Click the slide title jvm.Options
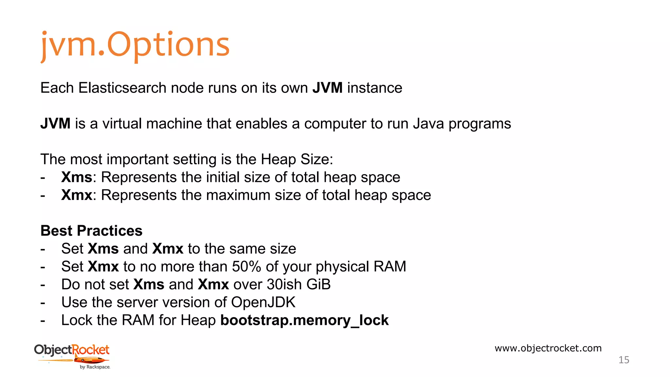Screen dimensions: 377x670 (135, 45)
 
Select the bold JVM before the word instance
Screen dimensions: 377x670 (327, 88)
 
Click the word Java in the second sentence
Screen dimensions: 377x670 (428, 124)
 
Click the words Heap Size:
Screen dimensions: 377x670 (297, 160)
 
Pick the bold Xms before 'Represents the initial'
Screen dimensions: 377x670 (77, 177)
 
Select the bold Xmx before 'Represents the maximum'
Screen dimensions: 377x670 (77, 195)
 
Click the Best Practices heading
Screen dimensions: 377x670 (91, 231)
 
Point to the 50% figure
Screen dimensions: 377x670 (246, 267)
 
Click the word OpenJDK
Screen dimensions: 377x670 (263, 302)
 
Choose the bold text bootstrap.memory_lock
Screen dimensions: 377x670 (304, 320)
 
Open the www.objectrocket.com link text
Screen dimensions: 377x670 (548, 348)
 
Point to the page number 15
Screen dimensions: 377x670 (624, 360)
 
